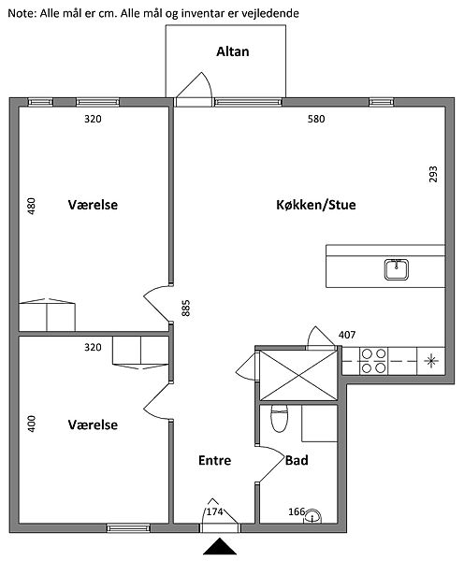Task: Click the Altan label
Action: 233,51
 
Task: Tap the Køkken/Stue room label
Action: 316,205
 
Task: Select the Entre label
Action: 215,460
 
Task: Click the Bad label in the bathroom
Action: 297,460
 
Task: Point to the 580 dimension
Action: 316,119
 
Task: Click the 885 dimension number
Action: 186,308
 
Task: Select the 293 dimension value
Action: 433,174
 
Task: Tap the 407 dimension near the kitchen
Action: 347,335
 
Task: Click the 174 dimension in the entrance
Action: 215,512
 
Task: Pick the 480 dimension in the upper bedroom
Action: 32,206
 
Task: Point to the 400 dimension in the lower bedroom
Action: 32,424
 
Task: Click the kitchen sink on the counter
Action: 397,269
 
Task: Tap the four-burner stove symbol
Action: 373,361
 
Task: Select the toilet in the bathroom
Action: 280,419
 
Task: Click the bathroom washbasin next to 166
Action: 312,516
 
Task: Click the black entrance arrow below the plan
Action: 220,546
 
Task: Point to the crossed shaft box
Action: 298,375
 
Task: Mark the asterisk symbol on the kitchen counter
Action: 431,361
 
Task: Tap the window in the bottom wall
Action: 128,528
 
